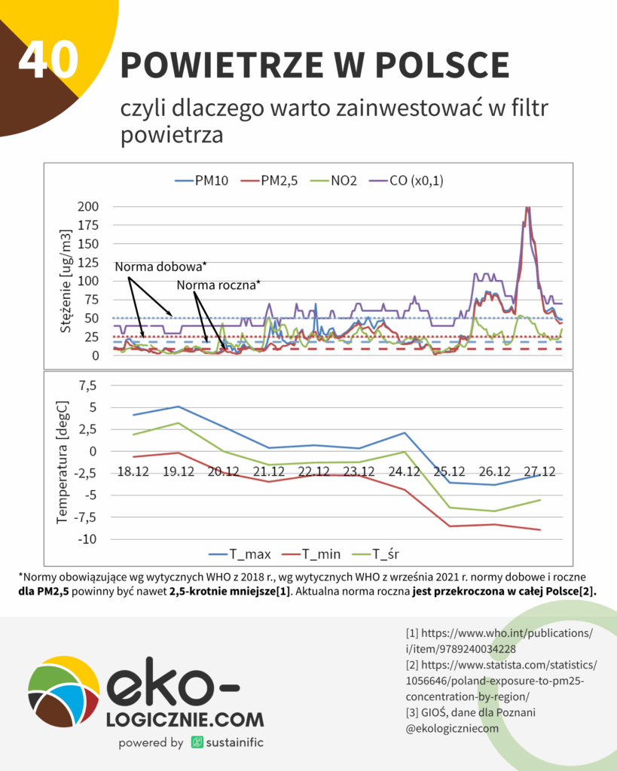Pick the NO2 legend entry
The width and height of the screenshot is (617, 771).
coord(340,181)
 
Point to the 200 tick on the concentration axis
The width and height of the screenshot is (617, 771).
coord(87,207)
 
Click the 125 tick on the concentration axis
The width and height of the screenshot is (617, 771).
coord(87,263)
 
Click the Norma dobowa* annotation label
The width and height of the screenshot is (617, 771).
coord(160,267)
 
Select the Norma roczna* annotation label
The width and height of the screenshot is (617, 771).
coord(218,285)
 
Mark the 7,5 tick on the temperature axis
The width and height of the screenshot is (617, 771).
coord(88,386)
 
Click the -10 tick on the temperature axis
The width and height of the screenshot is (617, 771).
coord(88,539)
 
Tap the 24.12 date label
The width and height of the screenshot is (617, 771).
coord(405,471)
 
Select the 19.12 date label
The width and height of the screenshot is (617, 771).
coord(178,471)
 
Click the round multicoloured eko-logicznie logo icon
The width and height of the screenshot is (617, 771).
coord(63,691)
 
